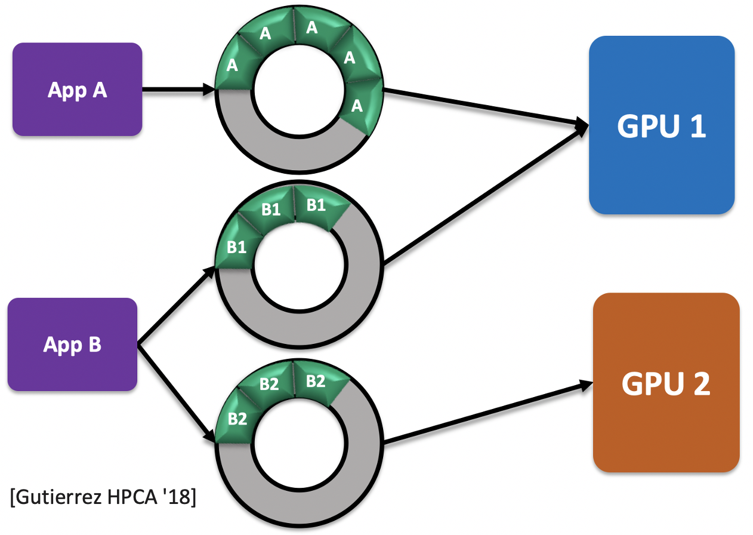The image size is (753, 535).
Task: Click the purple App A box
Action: coord(77,90)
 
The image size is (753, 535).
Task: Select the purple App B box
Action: coord(72,345)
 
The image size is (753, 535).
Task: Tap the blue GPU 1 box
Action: coord(661,125)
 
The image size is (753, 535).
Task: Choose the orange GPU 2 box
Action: coord(666,382)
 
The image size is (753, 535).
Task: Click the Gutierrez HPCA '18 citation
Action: coord(103,497)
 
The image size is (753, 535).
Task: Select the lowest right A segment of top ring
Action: coord(357,106)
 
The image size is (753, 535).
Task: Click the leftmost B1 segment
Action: coord(236,247)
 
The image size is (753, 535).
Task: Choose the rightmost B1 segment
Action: coord(316,205)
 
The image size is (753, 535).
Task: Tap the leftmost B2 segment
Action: coord(237,419)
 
